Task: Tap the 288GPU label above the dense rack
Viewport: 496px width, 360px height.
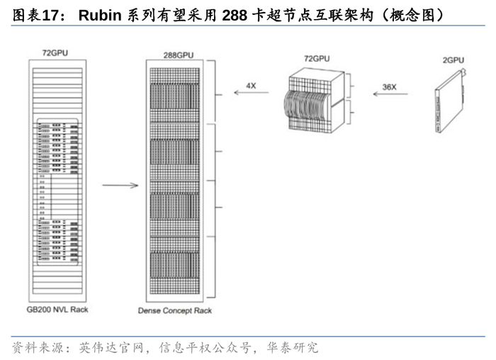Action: point(178,55)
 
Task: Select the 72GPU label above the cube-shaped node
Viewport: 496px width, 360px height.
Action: point(317,58)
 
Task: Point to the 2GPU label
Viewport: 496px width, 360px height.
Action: point(453,61)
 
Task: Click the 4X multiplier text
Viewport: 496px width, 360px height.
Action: point(251,85)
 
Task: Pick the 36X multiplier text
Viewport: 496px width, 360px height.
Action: point(390,86)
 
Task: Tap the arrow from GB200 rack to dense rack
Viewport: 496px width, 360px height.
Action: point(120,186)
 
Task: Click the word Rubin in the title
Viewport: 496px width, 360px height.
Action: point(98,14)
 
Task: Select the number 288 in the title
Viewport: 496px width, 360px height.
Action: point(235,14)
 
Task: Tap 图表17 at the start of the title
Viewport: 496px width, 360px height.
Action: point(33,14)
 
